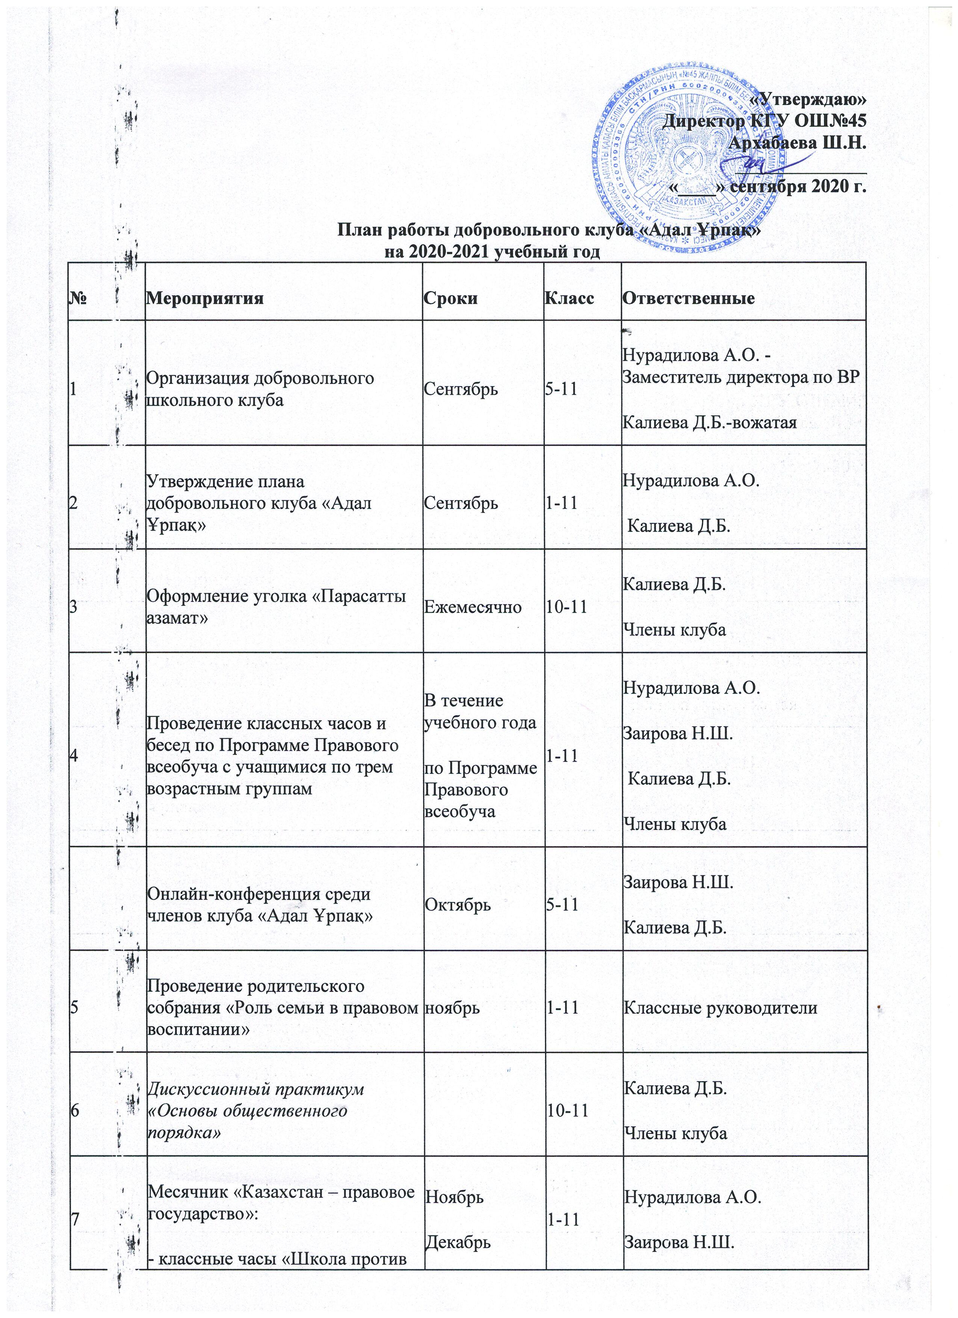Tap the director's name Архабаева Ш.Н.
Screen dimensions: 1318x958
pos(800,143)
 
